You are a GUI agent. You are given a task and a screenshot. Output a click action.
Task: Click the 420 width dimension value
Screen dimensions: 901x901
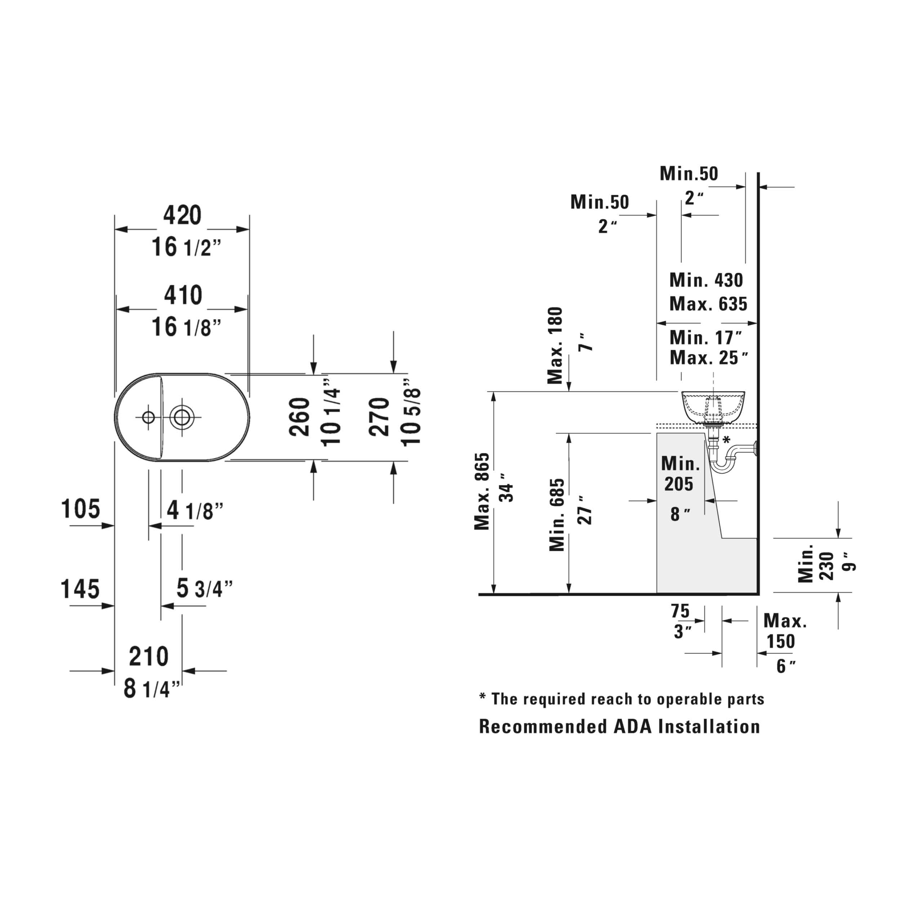182,215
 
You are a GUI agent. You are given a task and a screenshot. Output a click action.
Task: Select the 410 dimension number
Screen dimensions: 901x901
183,295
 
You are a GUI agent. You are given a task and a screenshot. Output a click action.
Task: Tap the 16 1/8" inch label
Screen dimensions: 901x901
186,327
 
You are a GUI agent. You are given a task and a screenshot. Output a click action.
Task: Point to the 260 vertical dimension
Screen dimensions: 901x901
299,417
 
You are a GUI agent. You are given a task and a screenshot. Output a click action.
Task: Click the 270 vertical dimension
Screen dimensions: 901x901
379,417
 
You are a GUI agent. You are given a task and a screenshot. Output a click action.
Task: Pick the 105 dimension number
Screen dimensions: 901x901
81,509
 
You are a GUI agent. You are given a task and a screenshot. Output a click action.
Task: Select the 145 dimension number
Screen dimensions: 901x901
80,589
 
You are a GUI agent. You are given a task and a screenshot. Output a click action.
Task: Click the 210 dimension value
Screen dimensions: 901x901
149,657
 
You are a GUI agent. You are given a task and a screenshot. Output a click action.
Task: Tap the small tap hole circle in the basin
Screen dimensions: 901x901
148,417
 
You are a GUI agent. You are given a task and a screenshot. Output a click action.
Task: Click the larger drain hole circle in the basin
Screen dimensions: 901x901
182,417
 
